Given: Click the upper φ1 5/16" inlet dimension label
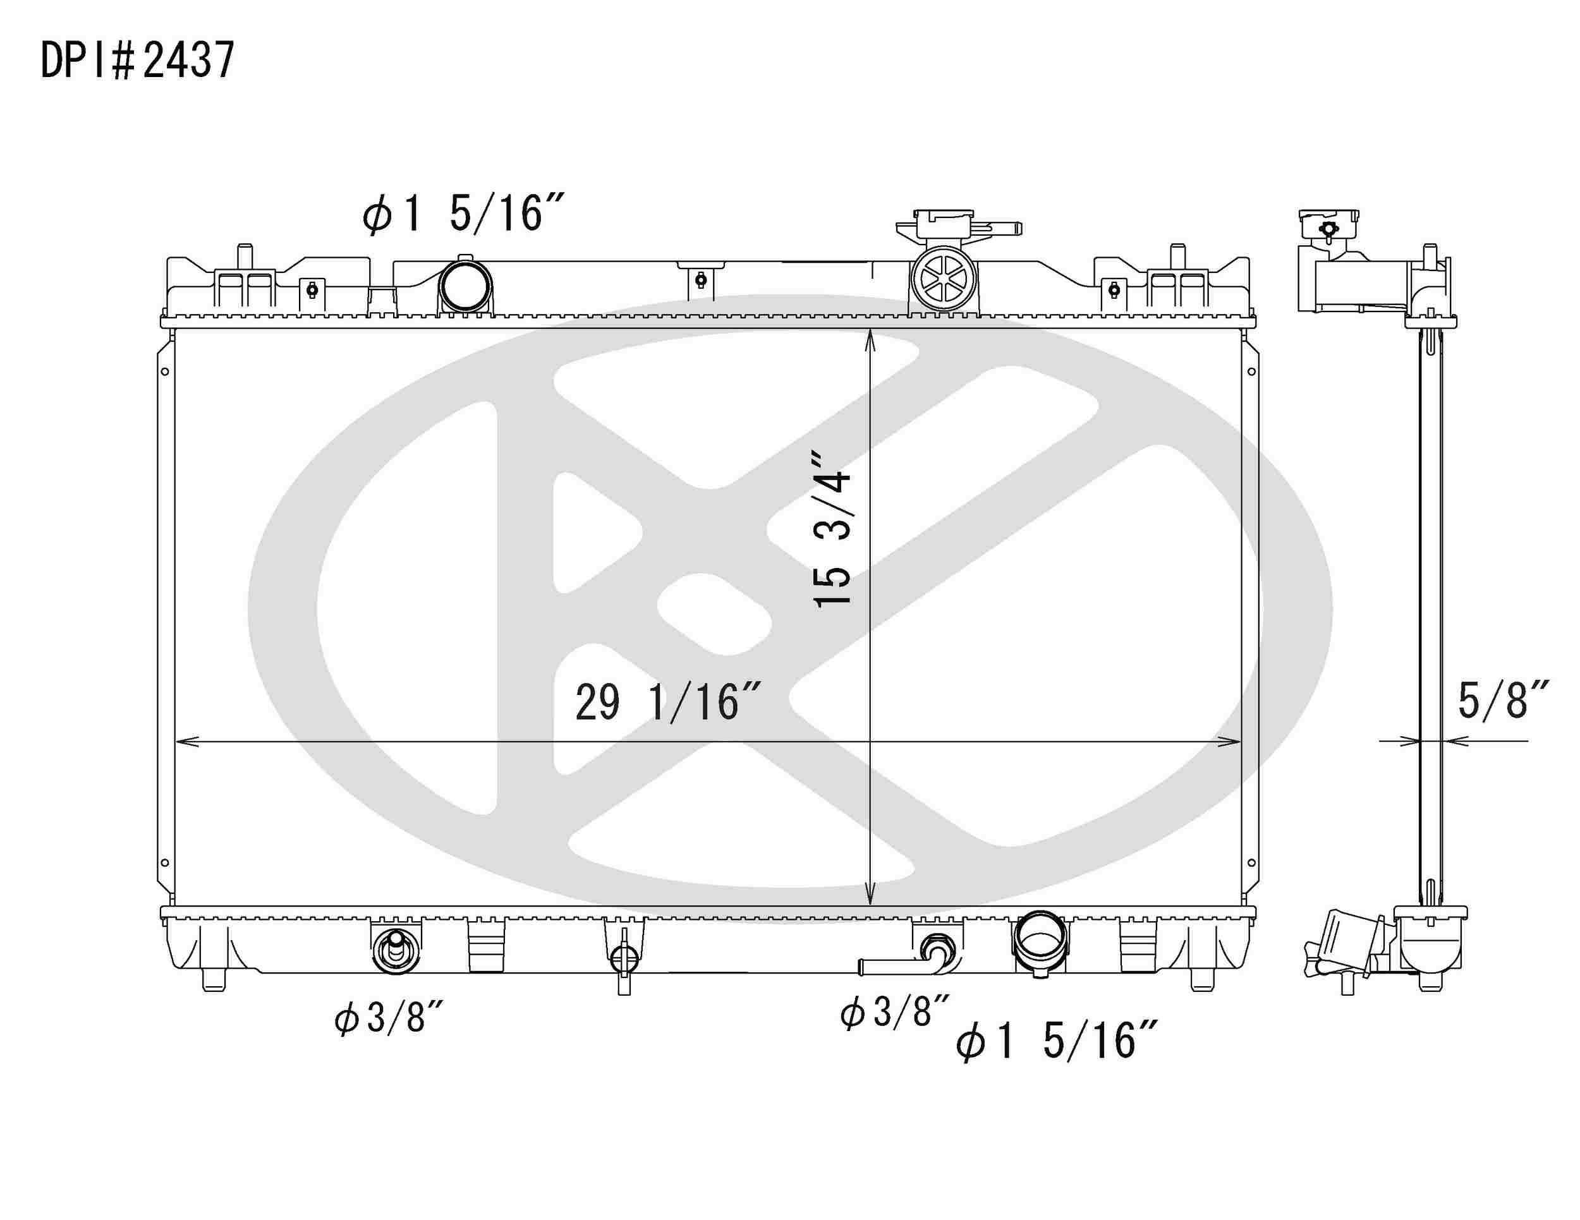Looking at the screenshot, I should [x=463, y=213].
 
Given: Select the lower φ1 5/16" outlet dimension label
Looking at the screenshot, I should [x=1057, y=1041].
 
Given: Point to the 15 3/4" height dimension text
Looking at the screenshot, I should [x=832, y=529].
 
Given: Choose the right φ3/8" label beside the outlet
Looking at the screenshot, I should [x=894, y=1011].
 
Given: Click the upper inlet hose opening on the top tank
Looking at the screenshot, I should [x=465, y=287].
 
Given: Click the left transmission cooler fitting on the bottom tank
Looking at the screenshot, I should [x=395, y=948].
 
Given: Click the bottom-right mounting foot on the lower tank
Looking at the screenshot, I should [x=1201, y=980].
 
